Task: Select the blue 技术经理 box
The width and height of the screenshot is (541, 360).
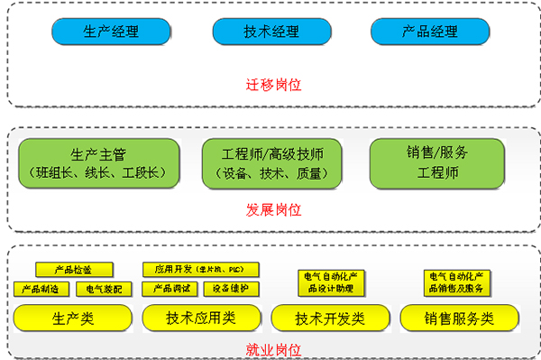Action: point(270,32)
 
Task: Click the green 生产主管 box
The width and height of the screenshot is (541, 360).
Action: point(99,163)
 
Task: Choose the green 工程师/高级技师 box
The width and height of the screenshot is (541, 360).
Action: point(270,163)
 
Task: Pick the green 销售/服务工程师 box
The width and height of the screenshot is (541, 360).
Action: point(438,163)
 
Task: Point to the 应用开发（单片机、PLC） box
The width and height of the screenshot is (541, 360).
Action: point(201,269)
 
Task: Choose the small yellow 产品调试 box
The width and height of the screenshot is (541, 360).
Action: point(170,289)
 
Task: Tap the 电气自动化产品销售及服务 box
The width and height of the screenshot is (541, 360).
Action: point(459,282)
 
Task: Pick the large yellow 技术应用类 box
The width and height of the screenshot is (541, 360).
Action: point(201,318)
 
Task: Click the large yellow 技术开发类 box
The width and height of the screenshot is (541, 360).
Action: point(331,318)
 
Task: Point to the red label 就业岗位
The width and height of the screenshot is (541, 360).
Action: point(274,348)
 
